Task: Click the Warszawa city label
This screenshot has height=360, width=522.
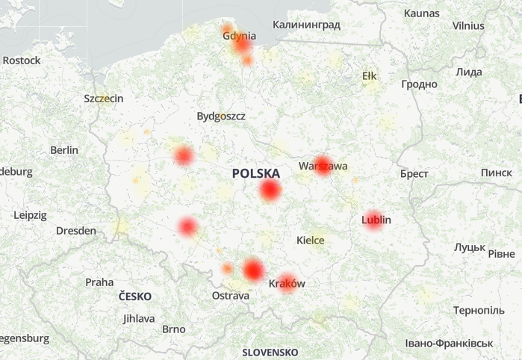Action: point(323,166)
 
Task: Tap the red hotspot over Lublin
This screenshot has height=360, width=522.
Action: point(373,220)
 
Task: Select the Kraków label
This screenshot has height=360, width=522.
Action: point(287,284)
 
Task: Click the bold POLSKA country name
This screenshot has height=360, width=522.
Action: point(256,173)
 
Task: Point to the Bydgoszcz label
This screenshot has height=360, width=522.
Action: point(221,117)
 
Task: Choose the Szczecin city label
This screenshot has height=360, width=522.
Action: point(104,99)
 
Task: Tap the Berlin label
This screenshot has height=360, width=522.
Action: point(64,150)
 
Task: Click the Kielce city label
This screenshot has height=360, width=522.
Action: point(311,240)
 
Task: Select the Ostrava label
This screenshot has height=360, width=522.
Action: point(231,296)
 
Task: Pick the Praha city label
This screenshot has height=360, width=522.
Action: point(99,282)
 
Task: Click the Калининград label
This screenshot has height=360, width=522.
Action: point(306,25)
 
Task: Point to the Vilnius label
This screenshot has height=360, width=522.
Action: point(468,25)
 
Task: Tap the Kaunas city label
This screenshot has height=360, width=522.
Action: point(422,13)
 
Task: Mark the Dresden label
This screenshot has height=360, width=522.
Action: point(76,231)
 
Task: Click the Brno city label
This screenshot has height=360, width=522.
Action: point(173,329)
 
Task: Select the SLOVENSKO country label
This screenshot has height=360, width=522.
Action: point(270,352)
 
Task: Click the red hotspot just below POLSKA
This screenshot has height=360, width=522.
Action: point(270,191)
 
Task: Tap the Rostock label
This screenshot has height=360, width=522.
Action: point(22,60)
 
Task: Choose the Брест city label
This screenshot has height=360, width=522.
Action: point(414,174)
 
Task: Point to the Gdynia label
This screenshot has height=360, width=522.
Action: point(239,36)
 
